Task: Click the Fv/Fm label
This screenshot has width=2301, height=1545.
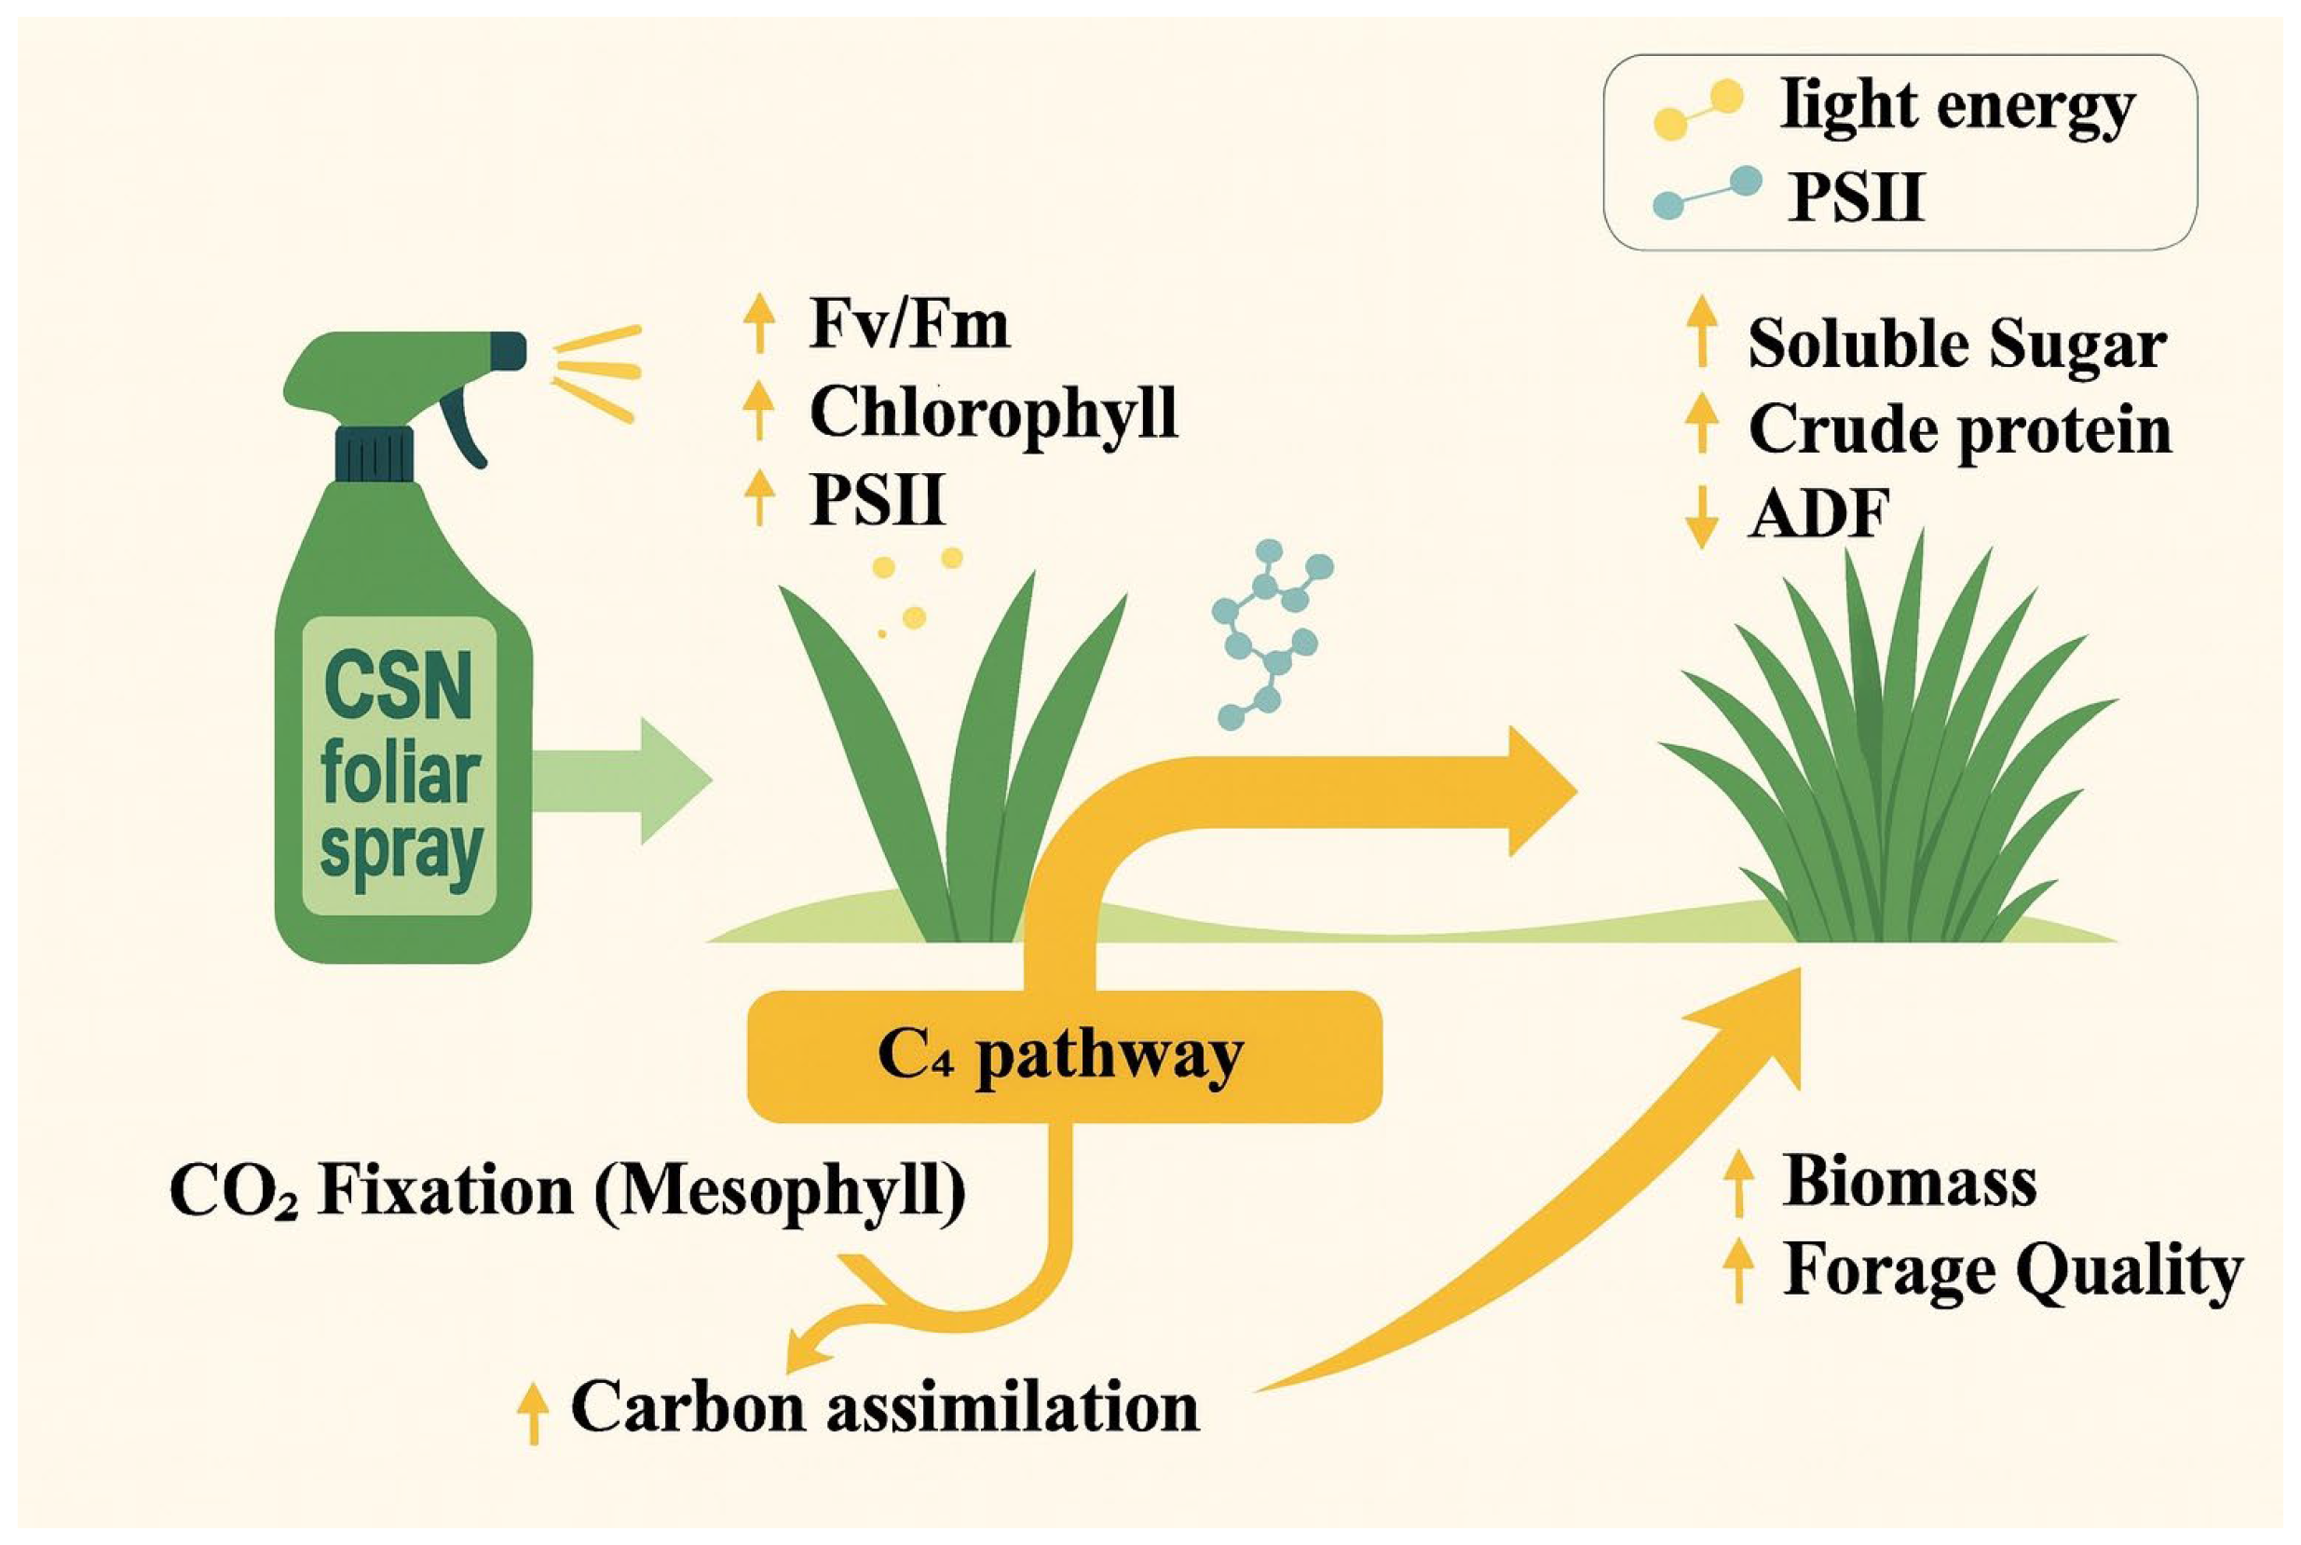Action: click(908, 324)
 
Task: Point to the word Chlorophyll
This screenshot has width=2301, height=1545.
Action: click(993, 412)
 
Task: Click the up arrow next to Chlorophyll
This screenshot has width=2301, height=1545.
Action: click(757, 412)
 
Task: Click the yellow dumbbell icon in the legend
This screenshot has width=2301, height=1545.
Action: click(1697, 110)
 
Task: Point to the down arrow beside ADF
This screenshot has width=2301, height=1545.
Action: click(1701, 516)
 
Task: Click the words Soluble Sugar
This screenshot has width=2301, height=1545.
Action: click(1957, 345)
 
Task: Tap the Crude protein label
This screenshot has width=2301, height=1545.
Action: click(1959, 430)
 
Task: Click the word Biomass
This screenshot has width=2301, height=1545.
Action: click(1910, 1182)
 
